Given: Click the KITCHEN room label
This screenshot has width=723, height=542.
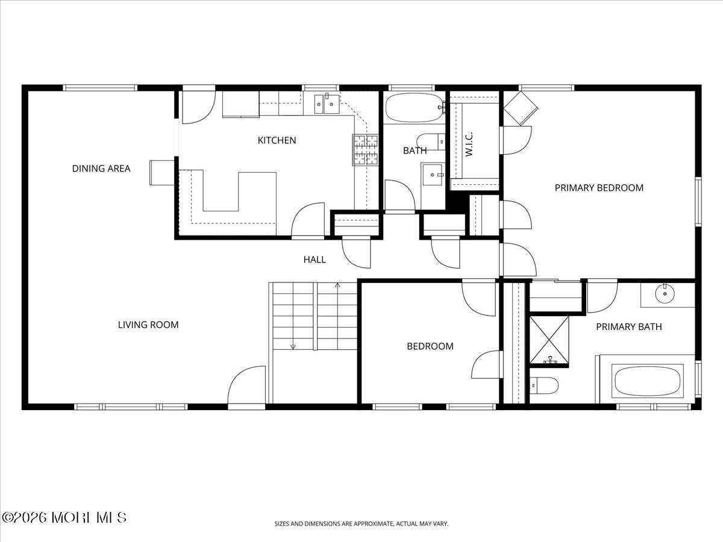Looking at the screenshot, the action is click(277, 140).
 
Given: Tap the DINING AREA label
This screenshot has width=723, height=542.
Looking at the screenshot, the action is click(101, 169).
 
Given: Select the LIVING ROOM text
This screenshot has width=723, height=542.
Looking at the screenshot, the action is click(148, 325).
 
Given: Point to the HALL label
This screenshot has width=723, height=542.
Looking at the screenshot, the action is click(315, 260).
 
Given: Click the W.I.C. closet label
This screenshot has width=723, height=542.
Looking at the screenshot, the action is click(469, 144).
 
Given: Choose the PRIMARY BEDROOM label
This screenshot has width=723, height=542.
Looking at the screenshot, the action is click(599, 188).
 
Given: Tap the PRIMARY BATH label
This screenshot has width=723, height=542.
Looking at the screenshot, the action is click(629, 327).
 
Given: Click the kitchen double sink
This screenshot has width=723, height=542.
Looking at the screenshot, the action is click(327, 104).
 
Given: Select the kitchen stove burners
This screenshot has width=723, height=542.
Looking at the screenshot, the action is click(365, 150).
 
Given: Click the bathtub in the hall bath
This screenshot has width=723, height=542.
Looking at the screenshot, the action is click(415, 108).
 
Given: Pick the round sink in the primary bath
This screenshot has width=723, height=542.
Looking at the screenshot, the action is click(665, 293).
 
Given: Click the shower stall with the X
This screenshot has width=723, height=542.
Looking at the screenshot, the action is click(549, 341).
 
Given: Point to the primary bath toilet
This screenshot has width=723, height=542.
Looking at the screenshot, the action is click(544, 385).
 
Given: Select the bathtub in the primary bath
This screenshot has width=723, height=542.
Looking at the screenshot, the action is click(647, 381).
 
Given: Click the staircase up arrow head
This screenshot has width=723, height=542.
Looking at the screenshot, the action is click(337, 285).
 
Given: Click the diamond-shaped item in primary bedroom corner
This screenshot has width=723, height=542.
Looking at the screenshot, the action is click(521, 108).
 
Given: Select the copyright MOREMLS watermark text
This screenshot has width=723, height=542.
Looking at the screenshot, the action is click(64, 518).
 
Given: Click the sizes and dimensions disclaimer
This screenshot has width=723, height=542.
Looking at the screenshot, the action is click(361, 523).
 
